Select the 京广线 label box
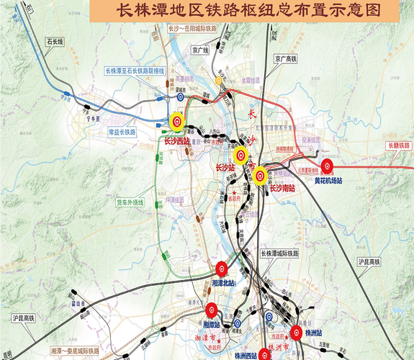[x=200, y=50]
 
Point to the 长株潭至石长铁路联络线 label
[x=136, y=71]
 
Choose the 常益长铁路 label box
[x=122, y=132]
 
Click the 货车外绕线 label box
[x=130, y=203]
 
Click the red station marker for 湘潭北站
[x=220, y=270]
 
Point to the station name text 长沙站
[x=226, y=167]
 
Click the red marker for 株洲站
[x=296, y=332]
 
